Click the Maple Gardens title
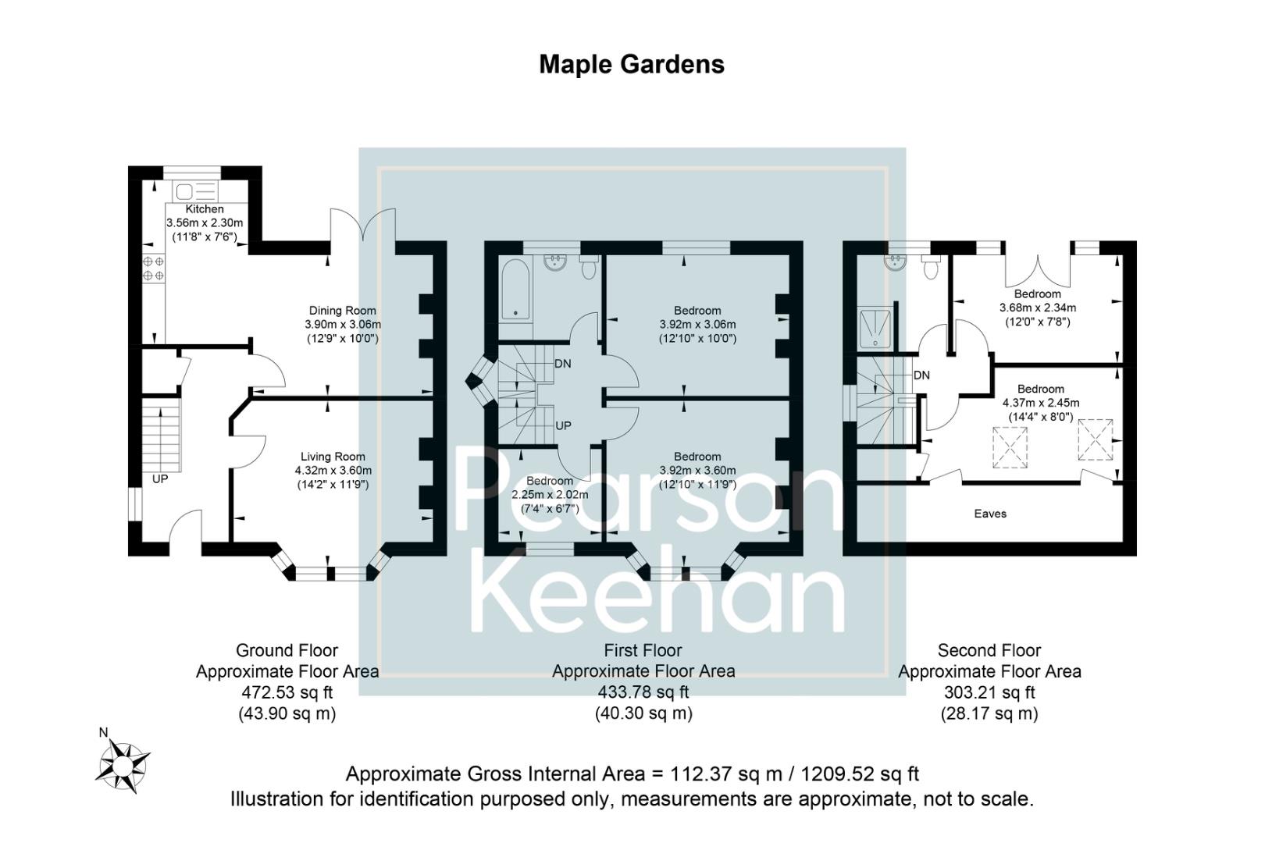[x=631, y=64]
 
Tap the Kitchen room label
[x=205, y=209]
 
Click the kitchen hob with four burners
[x=153, y=269]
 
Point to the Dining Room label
[x=342, y=311]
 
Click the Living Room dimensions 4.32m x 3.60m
[x=333, y=471]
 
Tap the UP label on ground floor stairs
[x=160, y=478]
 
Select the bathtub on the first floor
[x=515, y=290]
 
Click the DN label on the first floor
[x=562, y=364]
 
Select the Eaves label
[x=990, y=514]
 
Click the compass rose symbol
[x=123, y=763]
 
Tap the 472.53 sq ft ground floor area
[x=287, y=692]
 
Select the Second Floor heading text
[x=989, y=650]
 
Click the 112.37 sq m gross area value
[x=716, y=774]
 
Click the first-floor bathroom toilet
[x=589, y=267]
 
